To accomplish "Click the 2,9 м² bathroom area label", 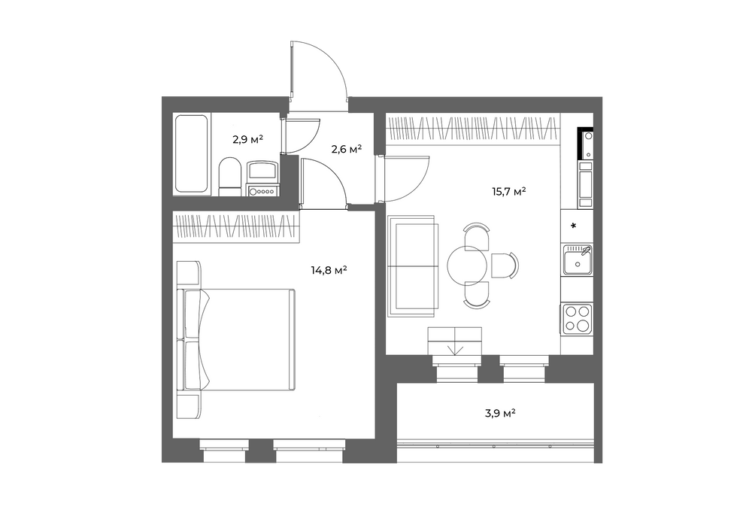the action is (247, 140).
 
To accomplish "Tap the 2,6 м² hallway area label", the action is (346, 149).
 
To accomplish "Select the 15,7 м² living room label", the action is (509, 192).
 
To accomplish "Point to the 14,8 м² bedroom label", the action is (329, 270).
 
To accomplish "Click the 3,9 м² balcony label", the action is (500, 413).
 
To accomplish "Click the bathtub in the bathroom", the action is (192, 153).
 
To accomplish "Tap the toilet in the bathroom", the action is (229, 177).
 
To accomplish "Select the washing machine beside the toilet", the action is (262, 178).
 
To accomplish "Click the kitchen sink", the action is (577, 259).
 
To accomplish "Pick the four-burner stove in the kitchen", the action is (577, 319).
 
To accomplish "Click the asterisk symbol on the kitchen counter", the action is (573, 226).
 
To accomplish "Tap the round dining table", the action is (468, 265).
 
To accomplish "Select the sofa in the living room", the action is (413, 265).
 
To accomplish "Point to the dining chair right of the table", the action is (505, 265).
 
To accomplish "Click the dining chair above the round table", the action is (476, 235).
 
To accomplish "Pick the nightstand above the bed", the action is (189, 273).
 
